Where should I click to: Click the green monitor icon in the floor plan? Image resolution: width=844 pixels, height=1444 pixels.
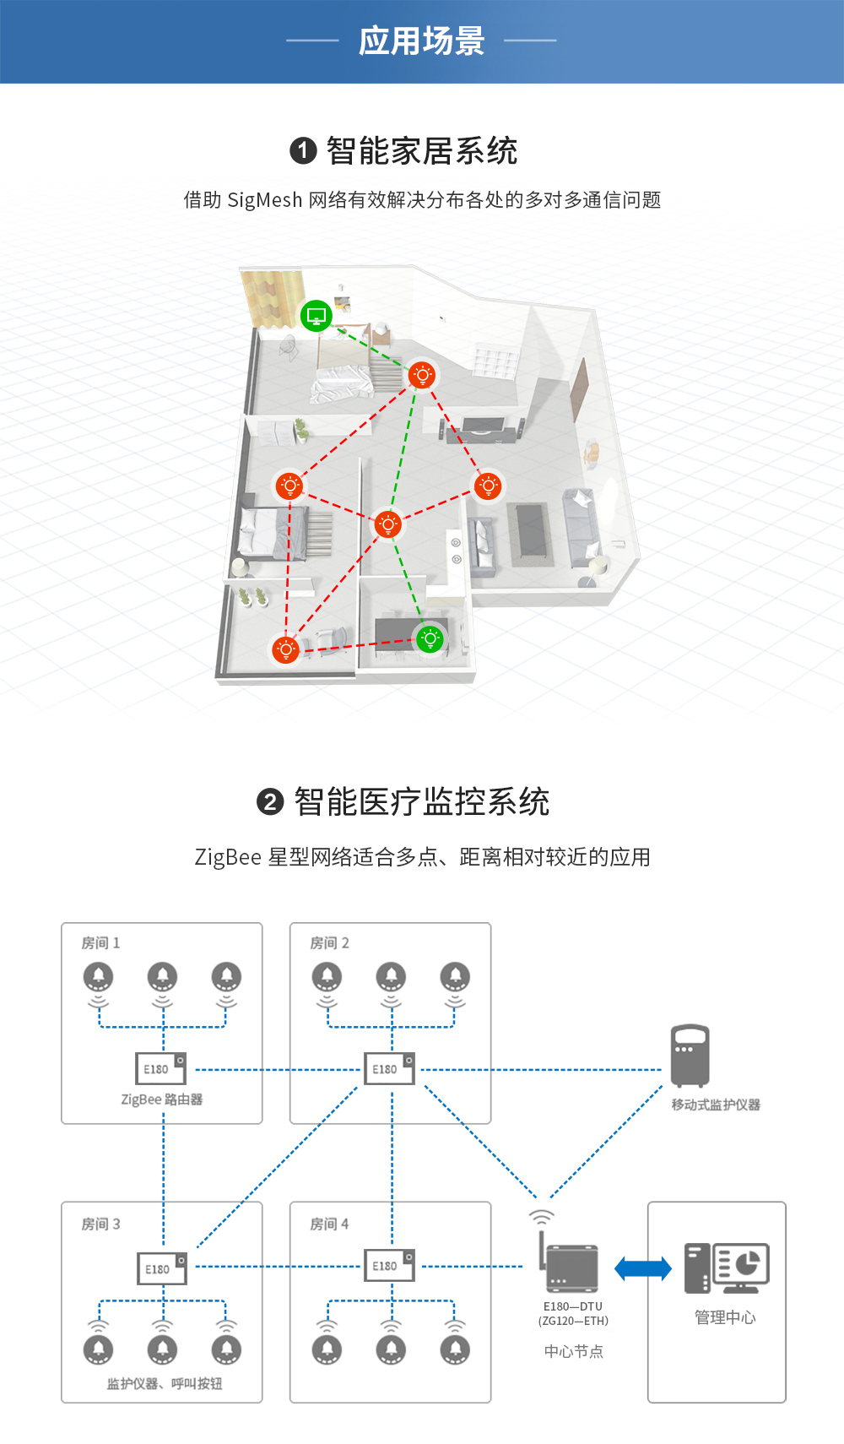click(316, 316)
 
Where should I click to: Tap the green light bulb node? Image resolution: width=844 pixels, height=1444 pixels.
click(430, 638)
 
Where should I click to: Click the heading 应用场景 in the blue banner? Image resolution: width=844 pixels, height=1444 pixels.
click(421, 41)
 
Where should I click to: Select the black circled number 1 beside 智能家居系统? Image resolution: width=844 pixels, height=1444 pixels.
click(303, 151)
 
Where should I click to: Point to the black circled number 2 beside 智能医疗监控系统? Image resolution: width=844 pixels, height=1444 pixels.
click(270, 801)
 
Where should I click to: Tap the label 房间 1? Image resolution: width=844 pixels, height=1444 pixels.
click(100, 943)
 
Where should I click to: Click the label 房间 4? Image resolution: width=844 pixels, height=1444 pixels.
click(329, 1224)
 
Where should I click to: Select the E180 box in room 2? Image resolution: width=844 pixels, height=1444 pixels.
click(389, 1068)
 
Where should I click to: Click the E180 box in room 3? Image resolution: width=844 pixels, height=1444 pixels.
click(161, 1268)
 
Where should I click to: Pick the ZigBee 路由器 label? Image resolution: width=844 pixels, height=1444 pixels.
click(162, 1099)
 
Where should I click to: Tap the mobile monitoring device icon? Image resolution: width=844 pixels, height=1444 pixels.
click(690, 1056)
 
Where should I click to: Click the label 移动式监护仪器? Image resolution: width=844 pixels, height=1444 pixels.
click(716, 1105)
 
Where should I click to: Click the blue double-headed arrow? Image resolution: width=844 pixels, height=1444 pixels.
click(643, 1268)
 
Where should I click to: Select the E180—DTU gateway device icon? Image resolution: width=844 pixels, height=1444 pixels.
click(571, 1267)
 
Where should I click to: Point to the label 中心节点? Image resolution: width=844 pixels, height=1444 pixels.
click(574, 1352)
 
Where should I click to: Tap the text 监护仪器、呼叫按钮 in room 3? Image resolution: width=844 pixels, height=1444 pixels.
click(165, 1384)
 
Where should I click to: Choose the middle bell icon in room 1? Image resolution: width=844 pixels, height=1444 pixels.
click(163, 977)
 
